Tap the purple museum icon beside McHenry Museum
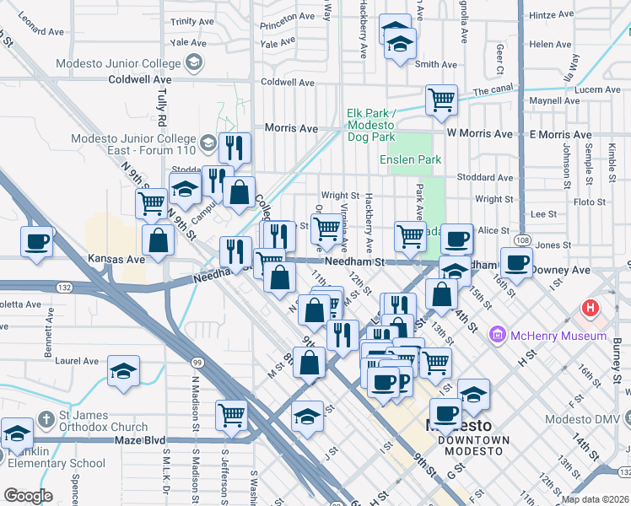coord(497,336)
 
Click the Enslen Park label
coord(410,159)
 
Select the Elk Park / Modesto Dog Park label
coord(370,125)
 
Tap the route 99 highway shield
coord(196,362)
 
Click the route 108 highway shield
coord(524,240)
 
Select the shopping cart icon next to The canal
coord(441,100)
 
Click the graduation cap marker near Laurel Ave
coord(123,370)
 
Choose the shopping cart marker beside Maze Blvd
coord(231,414)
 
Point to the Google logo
coord(28,496)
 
